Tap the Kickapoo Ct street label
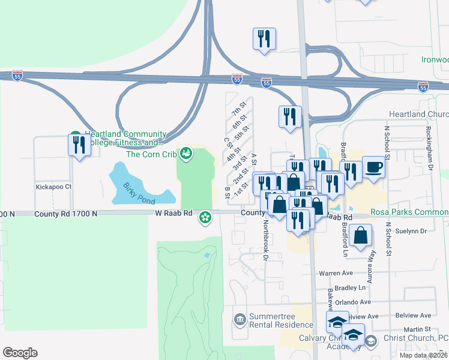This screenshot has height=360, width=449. coord(53,187)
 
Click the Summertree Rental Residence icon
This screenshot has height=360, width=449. coord(240,319)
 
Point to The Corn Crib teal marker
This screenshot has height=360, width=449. coord(185,154)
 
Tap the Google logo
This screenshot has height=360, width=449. coord(20,352)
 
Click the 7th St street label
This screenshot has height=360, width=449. coord(237,109)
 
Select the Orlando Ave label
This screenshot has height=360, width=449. coord(354,302)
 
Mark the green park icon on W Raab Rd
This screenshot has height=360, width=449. coord(206,217)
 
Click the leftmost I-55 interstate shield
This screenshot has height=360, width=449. coord(17,77)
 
